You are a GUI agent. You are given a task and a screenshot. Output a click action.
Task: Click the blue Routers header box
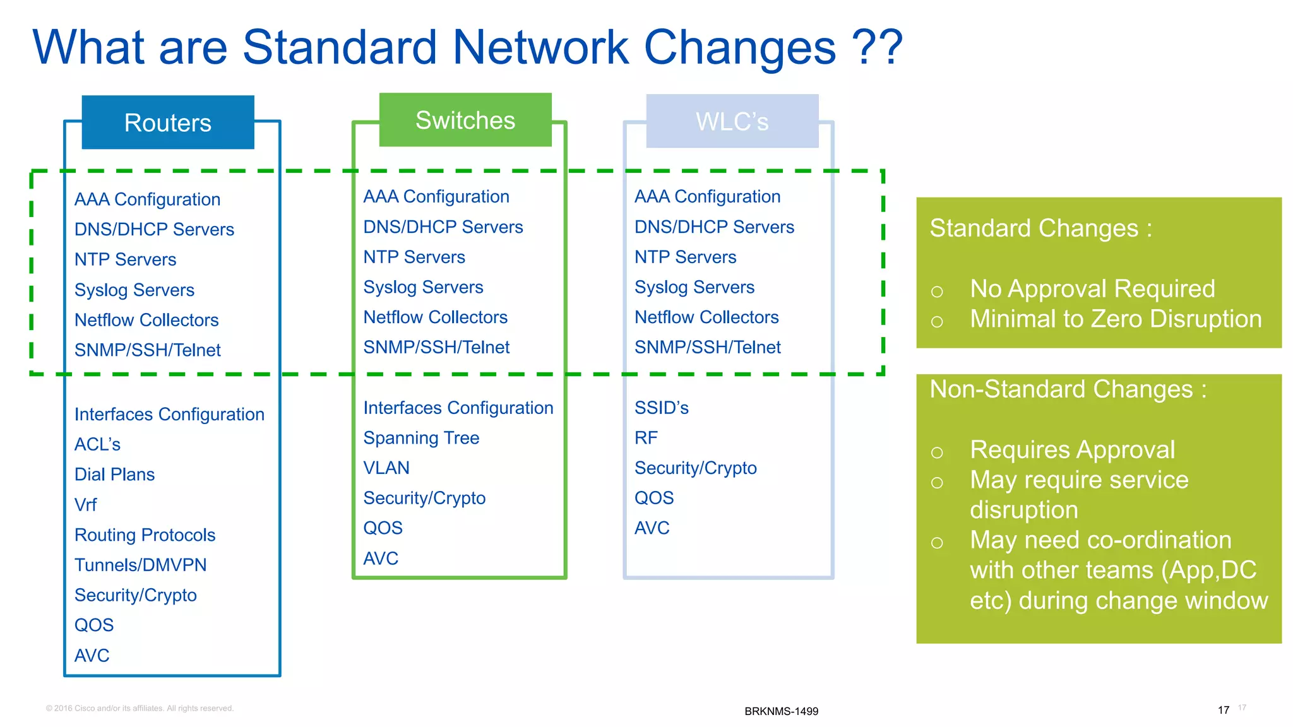click(168, 122)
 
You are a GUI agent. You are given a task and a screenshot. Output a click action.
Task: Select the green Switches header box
click(465, 120)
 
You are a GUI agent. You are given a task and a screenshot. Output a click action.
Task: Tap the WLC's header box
click(732, 121)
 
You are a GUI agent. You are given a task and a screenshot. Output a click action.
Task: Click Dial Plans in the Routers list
click(114, 475)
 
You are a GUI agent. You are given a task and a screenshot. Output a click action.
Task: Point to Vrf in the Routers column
click(85, 505)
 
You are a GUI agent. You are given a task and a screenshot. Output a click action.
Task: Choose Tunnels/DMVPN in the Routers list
click(140, 565)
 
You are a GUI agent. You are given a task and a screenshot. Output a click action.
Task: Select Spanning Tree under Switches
click(421, 438)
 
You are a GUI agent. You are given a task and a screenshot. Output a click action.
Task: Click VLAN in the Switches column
click(386, 468)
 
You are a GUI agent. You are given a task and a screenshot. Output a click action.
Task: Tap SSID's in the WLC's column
click(661, 408)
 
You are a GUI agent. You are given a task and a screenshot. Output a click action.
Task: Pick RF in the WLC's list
click(646, 438)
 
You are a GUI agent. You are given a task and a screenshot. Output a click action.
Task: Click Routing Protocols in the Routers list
click(145, 535)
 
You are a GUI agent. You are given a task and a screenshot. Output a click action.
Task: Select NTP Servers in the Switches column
click(414, 257)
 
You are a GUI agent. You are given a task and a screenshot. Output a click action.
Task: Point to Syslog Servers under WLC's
click(694, 287)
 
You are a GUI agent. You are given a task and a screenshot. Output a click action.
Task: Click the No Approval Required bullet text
click(1092, 289)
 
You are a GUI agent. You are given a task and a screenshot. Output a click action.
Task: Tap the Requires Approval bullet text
click(1072, 450)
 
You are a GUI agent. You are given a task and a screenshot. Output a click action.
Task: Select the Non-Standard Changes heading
click(1068, 389)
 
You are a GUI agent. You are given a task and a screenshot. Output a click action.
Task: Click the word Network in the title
click(540, 47)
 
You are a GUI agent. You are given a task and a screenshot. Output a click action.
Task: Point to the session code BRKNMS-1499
click(781, 711)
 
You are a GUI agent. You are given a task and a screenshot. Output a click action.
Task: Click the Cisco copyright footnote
click(140, 708)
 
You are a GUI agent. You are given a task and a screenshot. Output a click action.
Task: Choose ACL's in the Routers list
click(97, 444)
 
